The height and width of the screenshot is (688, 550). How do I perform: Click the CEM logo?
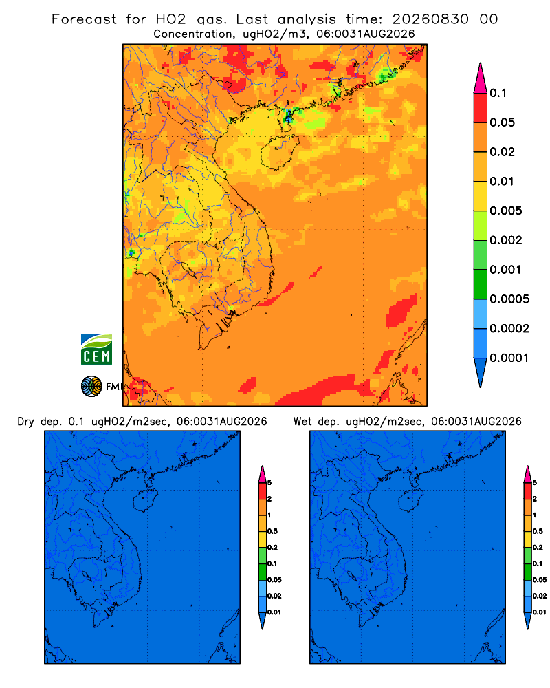96,350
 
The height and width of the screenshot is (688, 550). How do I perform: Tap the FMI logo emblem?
91,386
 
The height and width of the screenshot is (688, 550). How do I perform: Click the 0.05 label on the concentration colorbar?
502,122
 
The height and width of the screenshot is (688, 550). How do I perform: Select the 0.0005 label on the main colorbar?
509,299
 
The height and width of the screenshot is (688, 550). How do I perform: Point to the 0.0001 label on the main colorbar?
509,358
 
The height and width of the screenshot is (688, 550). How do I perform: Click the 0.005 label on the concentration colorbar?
506,211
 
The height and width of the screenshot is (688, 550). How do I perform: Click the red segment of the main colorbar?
481,108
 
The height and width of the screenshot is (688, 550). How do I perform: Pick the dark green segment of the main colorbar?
481,284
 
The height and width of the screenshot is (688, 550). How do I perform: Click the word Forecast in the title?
84,19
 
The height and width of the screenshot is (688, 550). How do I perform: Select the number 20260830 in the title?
430,19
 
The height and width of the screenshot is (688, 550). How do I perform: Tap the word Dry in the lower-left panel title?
25,422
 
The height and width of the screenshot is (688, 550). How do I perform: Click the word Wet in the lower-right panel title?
303,422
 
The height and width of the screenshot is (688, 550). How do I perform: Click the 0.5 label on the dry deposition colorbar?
272,531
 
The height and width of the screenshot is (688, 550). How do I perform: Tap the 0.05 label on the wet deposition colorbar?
540,580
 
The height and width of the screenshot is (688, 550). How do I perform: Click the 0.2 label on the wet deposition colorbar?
538,548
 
